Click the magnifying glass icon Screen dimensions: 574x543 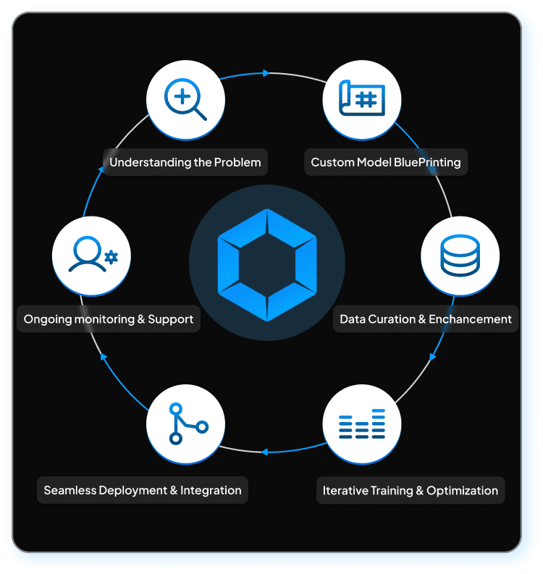pyautogui.click(x=185, y=98)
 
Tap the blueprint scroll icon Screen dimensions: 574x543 pyautogui.click(x=362, y=98)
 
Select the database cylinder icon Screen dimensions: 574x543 pyautogui.click(x=460, y=255)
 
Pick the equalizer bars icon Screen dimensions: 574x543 pyautogui.click(x=362, y=424)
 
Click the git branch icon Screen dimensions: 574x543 pyautogui.click(x=186, y=424)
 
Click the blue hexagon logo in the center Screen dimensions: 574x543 pyautogui.click(x=267, y=264)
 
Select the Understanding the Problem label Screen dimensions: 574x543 pyautogui.click(x=185, y=162)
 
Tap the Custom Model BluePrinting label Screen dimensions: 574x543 pyautogui.click(x=386, y=162)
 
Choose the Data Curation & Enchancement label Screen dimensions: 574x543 pyautogui.click(x=426, y=319)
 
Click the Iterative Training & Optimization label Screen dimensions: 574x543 pyautogui.click(x=411, y=490)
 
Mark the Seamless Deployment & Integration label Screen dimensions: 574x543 pyautogui.click(x=143, y=490)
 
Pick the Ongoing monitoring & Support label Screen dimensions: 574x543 pyautogui.click(x=109, y=319)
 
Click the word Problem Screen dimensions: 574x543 pyautogui.click(x=237, y=162)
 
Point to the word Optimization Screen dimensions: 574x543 pyautogui.click(x=462, y=490)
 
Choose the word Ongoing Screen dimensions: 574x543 pyautogui.click(x=46, y=319)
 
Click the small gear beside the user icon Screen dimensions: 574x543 pyautogui.click(x=111, y=256)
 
